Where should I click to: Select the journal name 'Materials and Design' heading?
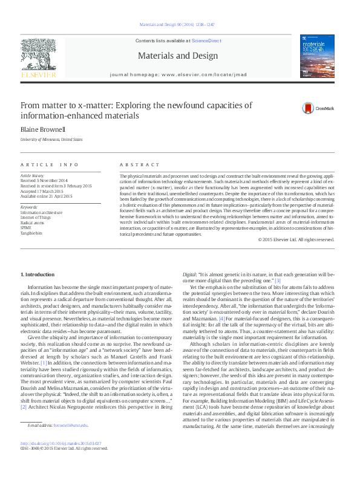(x=178, y=56)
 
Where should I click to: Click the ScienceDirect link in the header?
(x=205, y=40)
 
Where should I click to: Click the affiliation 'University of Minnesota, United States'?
(x=51, y=140)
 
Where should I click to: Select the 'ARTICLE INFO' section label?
(x=50, y=164)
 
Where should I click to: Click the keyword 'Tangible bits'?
(x=33, y=232)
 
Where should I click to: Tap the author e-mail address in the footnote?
(x=70, y=443)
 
